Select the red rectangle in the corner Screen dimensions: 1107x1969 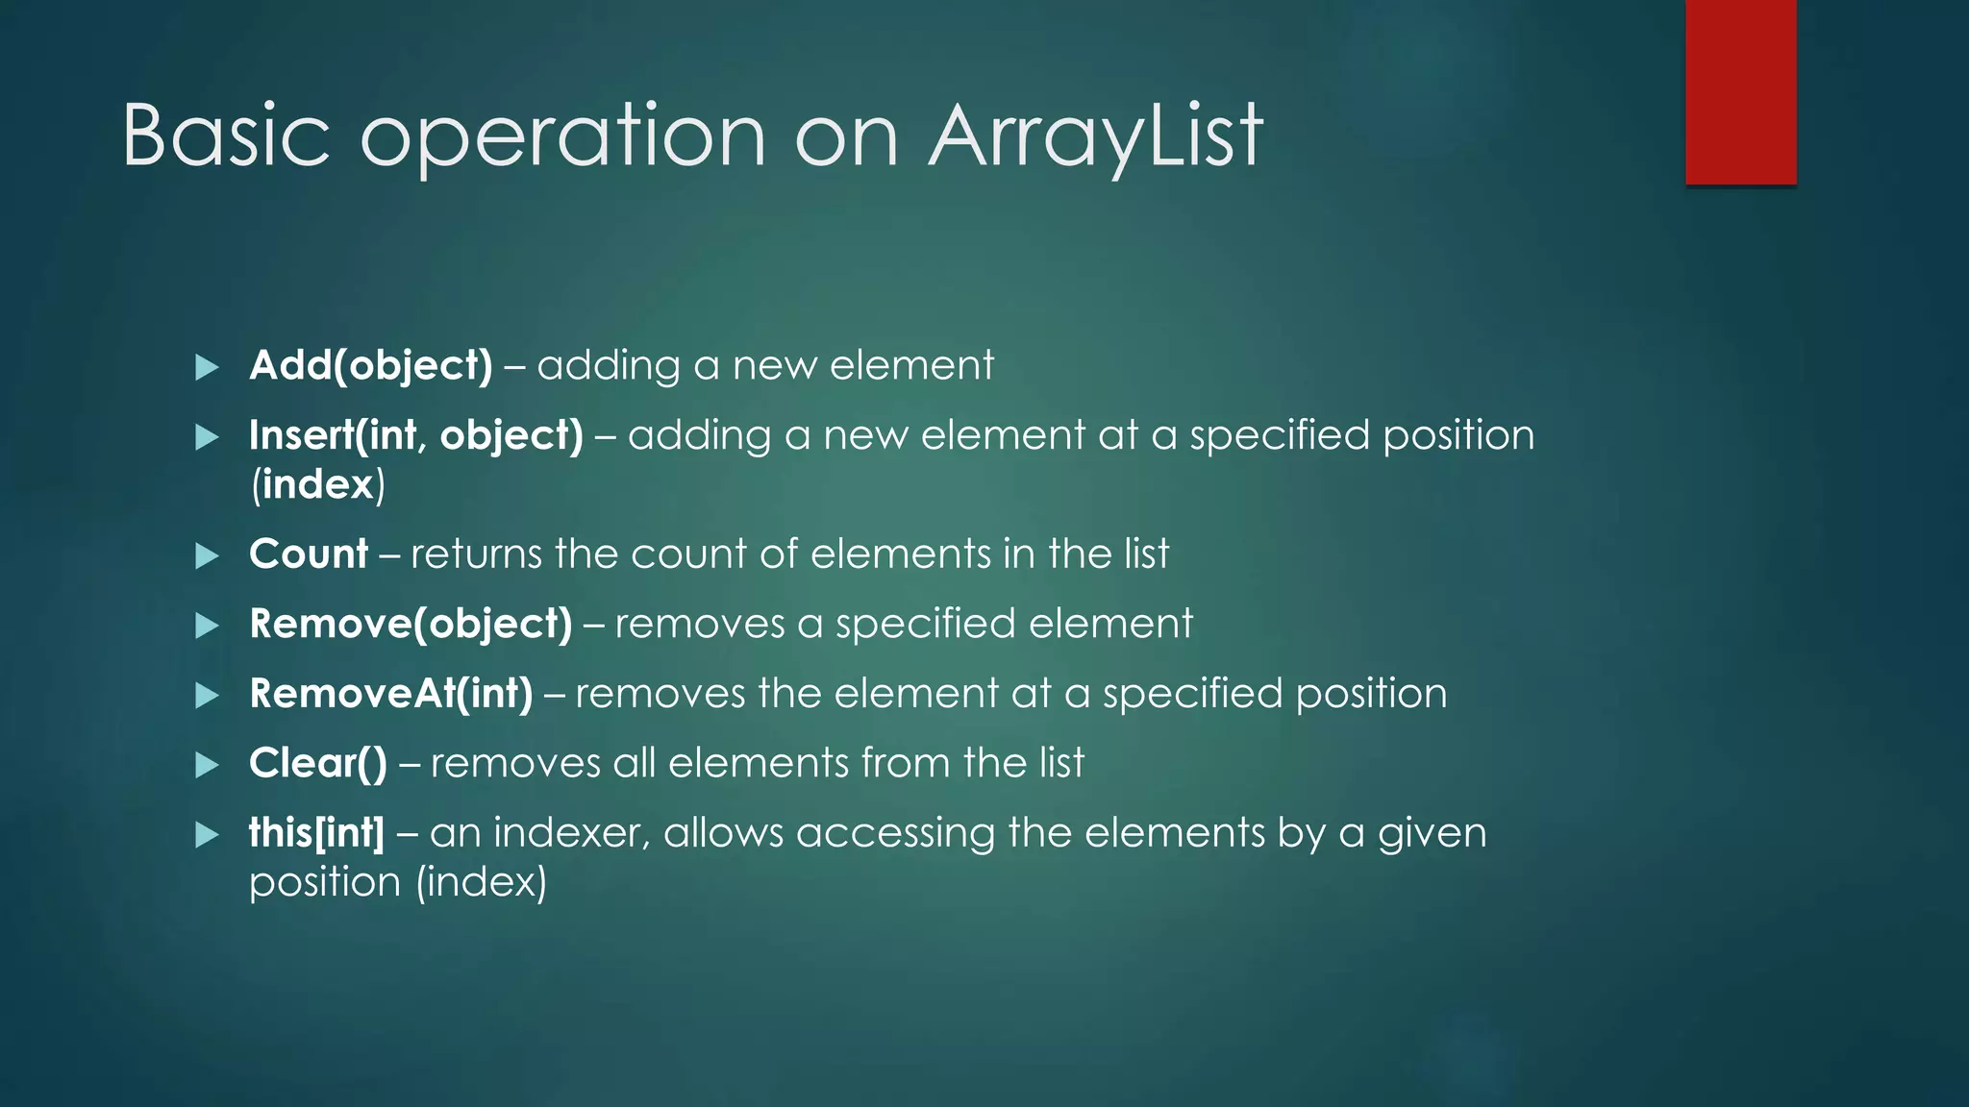pos(1740,92)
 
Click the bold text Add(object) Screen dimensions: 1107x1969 pos(370,366)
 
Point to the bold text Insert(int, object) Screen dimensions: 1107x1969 pos(415,436)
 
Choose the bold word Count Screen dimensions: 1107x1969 pos(308,554)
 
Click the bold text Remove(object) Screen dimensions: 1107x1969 pos(410,625)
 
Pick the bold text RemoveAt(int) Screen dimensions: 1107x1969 pos(390,694)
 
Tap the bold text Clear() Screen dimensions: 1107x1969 pos(317,764)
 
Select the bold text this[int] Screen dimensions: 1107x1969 pos(315,833)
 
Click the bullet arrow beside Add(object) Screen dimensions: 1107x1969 pos(207,367)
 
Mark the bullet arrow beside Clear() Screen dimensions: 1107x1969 pos(207,765)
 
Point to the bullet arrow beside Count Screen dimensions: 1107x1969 pos(207,555)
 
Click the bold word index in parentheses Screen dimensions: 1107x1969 pos(317,484)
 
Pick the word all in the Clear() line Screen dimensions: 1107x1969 pos(634,764)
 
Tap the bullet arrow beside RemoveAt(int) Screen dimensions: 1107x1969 pos(207,695)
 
